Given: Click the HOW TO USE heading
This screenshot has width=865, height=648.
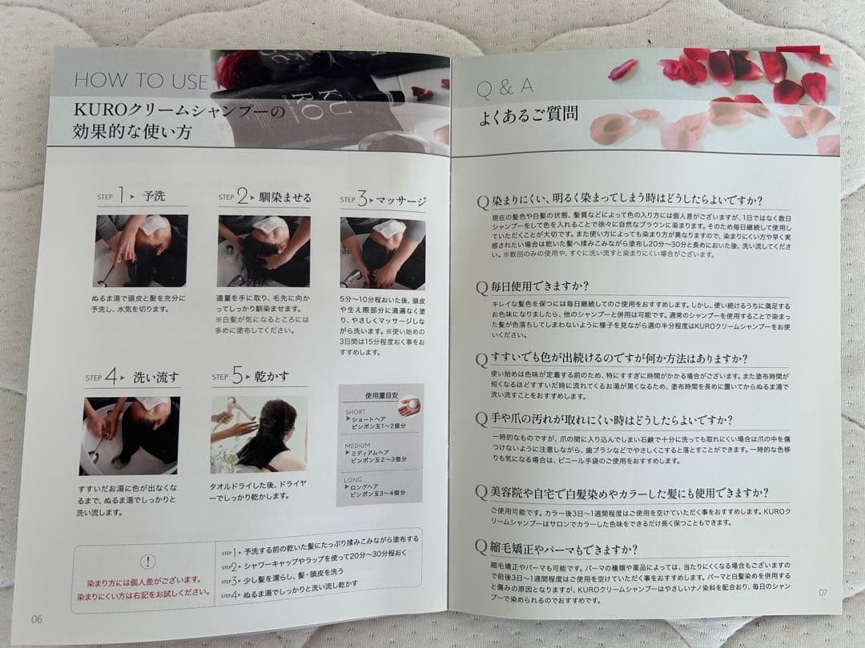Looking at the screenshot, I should point(141,81).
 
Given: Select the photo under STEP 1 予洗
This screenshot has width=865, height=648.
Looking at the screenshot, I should point(141,250).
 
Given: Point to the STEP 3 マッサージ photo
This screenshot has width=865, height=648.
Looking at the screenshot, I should point(383,253).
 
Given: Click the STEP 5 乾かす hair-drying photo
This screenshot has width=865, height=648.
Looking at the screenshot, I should point(258,434).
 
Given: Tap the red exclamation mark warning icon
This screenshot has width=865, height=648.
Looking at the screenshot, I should point(147,562).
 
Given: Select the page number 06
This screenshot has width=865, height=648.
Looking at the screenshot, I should point(37,618).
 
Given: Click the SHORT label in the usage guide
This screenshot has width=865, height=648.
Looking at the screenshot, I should point(355,413).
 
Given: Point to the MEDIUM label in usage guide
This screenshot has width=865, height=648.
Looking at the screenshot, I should point(357,445).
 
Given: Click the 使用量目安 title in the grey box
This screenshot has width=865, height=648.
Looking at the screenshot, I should point(380,395).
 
